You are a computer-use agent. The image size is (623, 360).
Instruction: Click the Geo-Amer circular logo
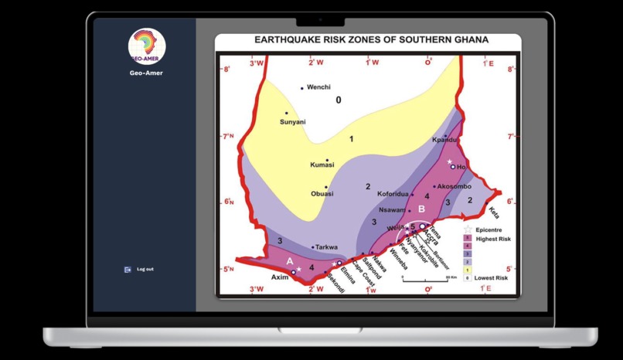pyautogui.click(x=147, y=46)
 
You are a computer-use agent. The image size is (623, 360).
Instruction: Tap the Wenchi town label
pyautogui.click(x=318, y=87)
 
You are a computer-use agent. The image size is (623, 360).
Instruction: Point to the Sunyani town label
pyautogui.click(x=292, y=122)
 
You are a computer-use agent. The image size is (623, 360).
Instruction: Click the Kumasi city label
pyautogui.click(x=322, y=165)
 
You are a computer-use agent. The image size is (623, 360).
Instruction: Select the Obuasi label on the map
pyautogui.click(x=322, y=194)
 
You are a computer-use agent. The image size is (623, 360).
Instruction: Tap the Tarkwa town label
pyautogui.click(x=326, y=247)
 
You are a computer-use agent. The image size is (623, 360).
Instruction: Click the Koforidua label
pyautogui.click(x=392, y=194)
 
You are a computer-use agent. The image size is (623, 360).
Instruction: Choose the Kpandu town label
pyautogui.click(x=444, y=140)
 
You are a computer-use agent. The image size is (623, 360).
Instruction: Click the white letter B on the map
pyautogui.click(x=421, y=209)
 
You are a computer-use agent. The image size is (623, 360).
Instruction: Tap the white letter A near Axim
pyautogui.click(x=290, y=261)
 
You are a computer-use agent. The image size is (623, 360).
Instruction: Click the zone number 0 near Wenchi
pyautogui.click(x=338, y=100)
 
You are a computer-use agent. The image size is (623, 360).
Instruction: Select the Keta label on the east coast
pyautogui.click(x=493, y=212)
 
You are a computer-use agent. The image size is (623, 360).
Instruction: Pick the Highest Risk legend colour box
pyautogui.click(x=467, y=239)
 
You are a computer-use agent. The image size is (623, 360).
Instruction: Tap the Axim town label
pyautogui.click(x=280, y=276)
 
